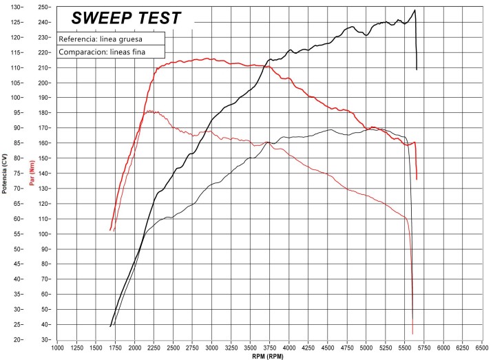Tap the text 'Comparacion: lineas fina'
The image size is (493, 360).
[101, 52]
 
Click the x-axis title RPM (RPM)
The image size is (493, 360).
[266, 356]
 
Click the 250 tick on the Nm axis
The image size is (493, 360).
[43, 7]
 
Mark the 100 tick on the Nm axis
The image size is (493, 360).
[43, 234]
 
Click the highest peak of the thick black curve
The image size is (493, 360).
[415, 10]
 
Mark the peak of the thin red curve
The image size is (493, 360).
[149, 110]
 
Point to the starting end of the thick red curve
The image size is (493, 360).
[110, 230]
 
